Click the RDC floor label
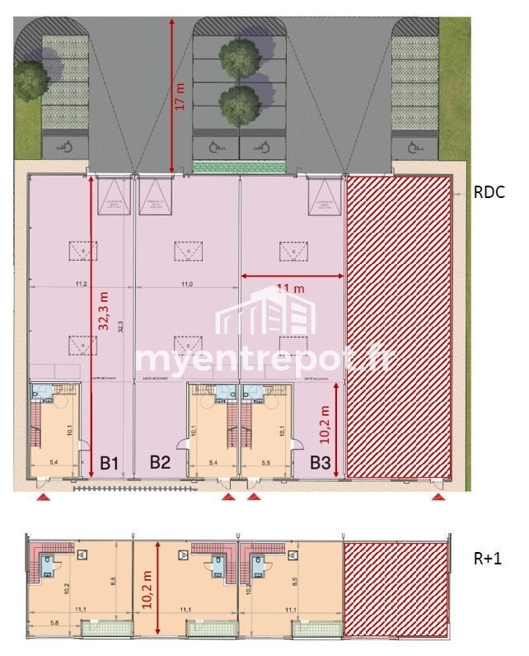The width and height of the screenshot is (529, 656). [489, 194]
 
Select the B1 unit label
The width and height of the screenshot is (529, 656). [110, 463]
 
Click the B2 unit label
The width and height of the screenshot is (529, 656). [160, 462]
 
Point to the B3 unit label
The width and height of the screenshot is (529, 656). [321, 463]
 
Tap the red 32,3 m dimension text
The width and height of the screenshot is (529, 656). [103, 309]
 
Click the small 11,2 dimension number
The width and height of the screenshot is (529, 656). [81, 284]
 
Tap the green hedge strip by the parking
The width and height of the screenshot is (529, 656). [239, 167]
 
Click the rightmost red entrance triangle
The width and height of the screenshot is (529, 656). [439, 498]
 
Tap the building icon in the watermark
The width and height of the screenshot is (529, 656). [266, 312]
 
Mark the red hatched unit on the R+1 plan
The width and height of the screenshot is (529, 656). [396, 588]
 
